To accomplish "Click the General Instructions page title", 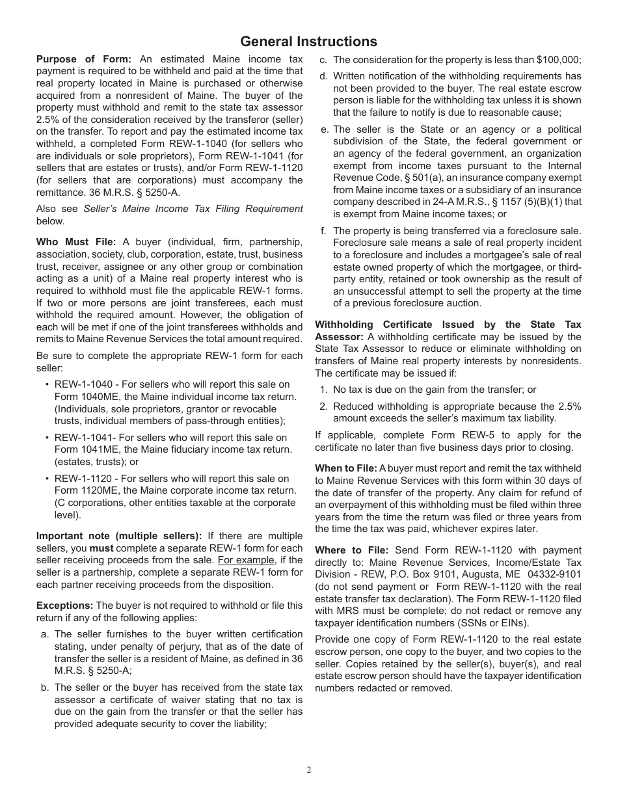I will point(308,42).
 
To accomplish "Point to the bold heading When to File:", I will point(345,468).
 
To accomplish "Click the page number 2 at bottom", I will point(309,770).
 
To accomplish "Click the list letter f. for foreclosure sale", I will point(323,230).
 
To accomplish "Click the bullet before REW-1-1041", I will point(47,438).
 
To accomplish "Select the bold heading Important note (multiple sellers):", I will point(119,536).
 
